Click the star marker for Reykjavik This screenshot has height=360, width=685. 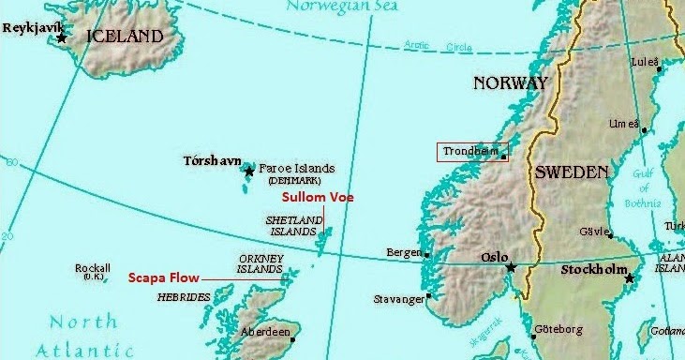pyautogui.click(x=62, y=38)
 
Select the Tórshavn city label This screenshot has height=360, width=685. pyautogui.click(x=211, y=161)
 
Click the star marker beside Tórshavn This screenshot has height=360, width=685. pyautogui.click(x=248, y=171)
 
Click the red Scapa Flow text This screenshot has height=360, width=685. pyautogui.click(x=161, y=277)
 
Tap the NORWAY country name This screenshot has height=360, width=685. pyautogui.click(x=510, y=83)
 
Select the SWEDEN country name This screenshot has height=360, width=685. pyautogui.click(x=572, y=172)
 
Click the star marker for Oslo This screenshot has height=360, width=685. pyautogui.click(x=511, y=268)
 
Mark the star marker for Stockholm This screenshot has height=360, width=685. pyautogui.click(x=630, y=278)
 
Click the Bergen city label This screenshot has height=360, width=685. pyautogui.click(x=404, y=253)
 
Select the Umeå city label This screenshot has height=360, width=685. pyautogui.click(x=624, y=124)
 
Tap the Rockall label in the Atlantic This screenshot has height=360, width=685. pyautogui.click(x=93, y=268)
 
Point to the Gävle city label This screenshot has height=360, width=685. pyautogui.click(x=594, y=231)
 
